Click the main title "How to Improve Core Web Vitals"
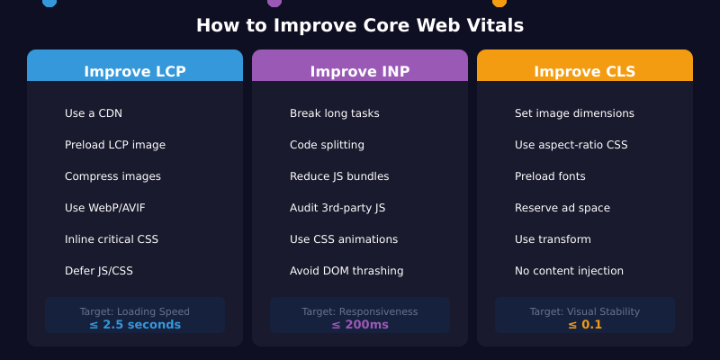click(x=360, y=25)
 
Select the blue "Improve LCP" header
click(x=135, y=71)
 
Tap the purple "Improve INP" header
click(x=360, y=71)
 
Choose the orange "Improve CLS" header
click(x=585, y=71)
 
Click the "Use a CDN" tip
click(x=94, y=113)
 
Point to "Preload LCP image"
click(x=115, y=145)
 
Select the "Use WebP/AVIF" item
click(x=105, y=208)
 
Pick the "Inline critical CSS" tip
click(x=112, y=239)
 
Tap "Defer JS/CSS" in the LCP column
click(x=99, y=271)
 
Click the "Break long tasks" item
click(x=335, y=113)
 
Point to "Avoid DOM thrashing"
click(x=346, y=271)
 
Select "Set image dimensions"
click(x=574, y=113)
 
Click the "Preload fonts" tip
click(x=550, y=176)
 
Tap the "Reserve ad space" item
click(x=562, y=208)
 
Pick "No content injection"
click(x=569, y=271)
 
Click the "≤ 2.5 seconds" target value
click(x=135, y=325)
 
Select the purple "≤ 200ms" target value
click(x=360, y=325)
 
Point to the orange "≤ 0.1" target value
click(x=585, y=325)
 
